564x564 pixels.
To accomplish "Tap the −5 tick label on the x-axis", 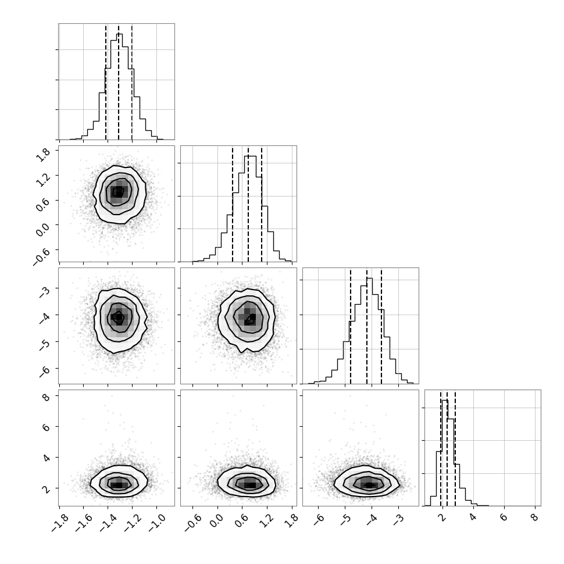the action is click(x=345, y=519).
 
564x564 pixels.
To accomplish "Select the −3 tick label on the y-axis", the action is click(x=45, y=291).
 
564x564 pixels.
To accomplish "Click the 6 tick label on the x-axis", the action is click(x=504, y=517).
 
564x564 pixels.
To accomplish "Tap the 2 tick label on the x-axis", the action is click(x=442, y=517).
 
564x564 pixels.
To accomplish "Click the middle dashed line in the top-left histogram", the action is click(x=119, y=82).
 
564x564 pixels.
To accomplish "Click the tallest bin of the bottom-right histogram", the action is click(x=445, y=453).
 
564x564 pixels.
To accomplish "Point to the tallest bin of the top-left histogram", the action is click(x=119, y=86).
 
